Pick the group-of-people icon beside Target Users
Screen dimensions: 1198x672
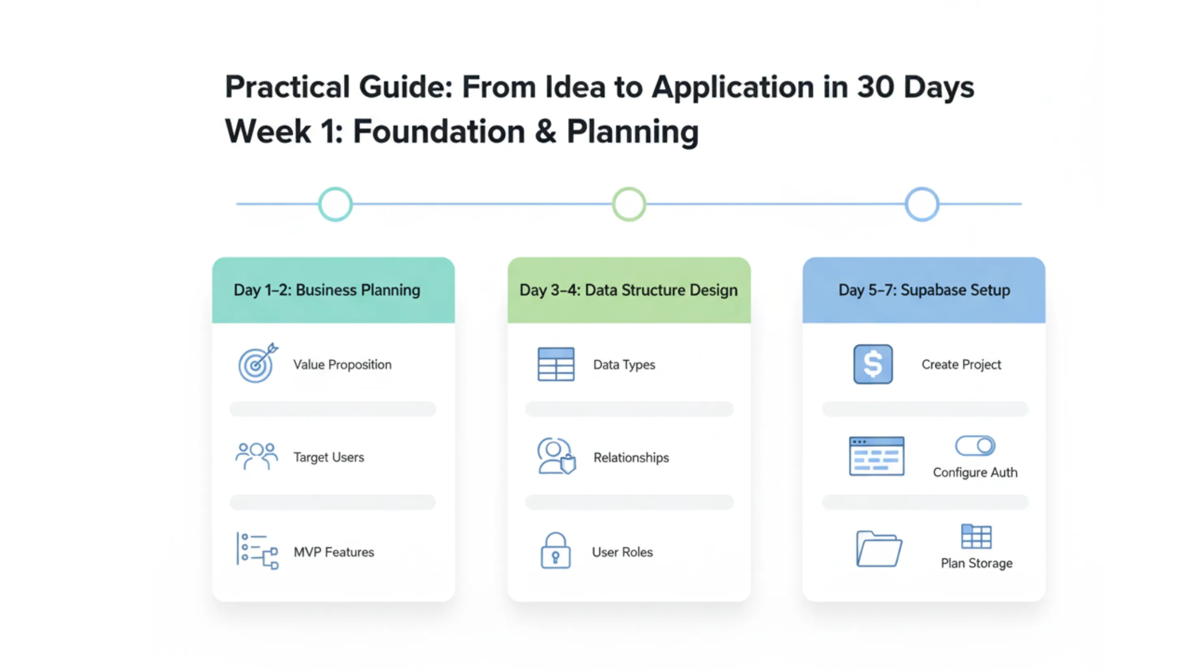(x=257, y=457)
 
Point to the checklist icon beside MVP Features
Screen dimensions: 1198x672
(x=257, y=551)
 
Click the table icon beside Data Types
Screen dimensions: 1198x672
(x=556, y=364)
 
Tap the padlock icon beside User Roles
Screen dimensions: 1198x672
(x=555, y=550)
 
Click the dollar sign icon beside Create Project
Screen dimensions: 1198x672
(x=873, y=364)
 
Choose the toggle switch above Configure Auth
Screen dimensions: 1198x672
(x=975, y=446)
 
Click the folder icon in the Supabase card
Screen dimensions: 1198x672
(x=879, y=549)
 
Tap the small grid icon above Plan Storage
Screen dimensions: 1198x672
(x=976, y=537)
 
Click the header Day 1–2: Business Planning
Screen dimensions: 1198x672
(x=327, y=290)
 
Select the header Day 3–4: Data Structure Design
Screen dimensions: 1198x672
(x=629, y=290)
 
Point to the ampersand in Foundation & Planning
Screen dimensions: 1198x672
(x=545, y=131)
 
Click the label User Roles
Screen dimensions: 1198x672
(x=622, y=552)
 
